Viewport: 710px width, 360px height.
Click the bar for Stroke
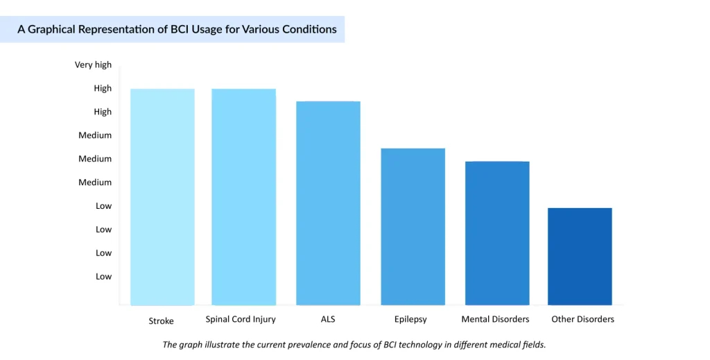click(162, 197)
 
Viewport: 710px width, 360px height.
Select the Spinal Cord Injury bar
click(243, 197)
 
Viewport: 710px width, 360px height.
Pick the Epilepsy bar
click(413, 227)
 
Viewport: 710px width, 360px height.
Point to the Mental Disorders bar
click(497, 233)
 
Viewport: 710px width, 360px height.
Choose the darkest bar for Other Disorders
click(580, 257)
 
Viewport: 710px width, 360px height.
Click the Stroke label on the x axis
click(161, 320)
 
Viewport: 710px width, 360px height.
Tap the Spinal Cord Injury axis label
click(241, 319)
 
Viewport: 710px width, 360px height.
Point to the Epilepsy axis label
click(410, 320)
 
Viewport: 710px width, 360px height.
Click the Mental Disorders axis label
click(495, 319)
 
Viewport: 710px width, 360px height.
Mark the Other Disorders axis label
click(582, 319)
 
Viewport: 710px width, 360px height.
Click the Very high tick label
click(93, 65)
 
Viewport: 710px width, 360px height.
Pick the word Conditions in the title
click(307, 30)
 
